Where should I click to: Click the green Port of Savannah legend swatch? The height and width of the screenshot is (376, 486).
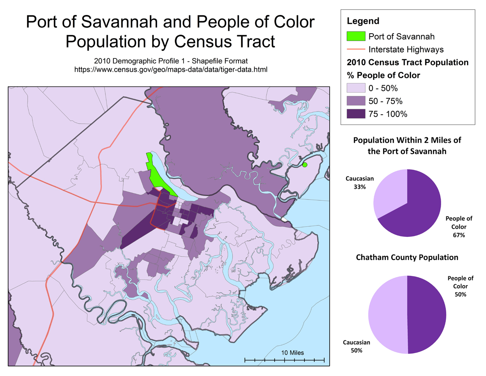[x=356, y=36]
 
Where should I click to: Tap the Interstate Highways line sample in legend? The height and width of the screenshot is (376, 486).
[x=356, y=49]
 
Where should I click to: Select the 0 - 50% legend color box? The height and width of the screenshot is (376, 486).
[x=356, y=88]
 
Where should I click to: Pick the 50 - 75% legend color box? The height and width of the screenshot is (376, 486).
[x=356, y=101]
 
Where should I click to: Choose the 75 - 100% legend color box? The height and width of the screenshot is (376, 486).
[x=356, y=114]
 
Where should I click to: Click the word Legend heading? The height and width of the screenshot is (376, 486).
[x=363, y=21]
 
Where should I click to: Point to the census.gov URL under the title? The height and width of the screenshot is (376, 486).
[x=171, y=69]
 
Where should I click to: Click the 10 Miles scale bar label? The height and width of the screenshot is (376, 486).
[x=292, y=352]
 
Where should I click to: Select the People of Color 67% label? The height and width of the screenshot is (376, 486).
[x=459, y=227]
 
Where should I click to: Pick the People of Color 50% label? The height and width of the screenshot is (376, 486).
[x=460, y=286]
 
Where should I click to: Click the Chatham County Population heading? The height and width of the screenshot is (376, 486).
[x=407, y=258]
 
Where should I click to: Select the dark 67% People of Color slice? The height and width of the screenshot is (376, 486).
[x=421, y=207]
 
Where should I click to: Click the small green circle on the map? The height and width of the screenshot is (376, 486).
[x=305, y=164]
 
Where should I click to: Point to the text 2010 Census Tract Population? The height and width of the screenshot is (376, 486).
[x=408, y=63]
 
